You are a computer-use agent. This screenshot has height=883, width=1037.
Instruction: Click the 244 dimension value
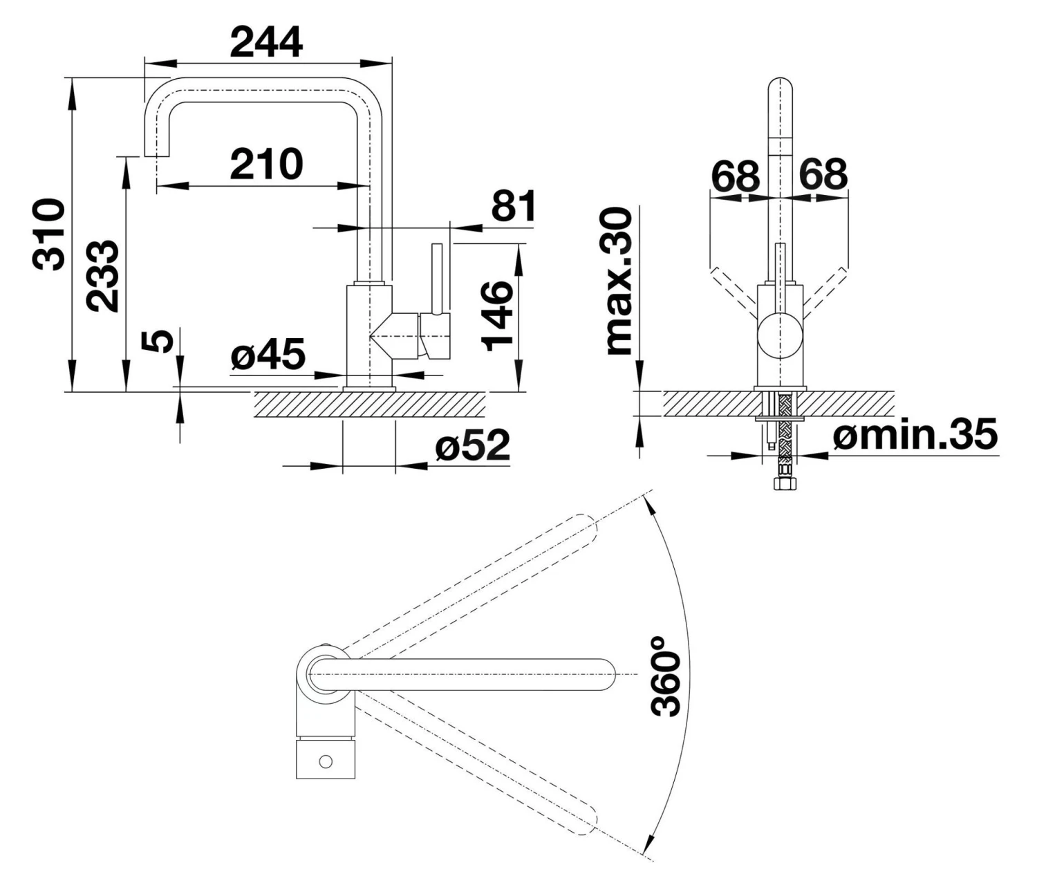click(x=266, y=43)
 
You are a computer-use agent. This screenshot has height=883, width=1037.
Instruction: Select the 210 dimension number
click(x=266, y=165)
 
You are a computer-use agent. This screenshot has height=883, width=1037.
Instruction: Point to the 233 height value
click(x=102, y=275)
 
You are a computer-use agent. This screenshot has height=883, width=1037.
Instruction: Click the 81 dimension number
click(x=513, y=205)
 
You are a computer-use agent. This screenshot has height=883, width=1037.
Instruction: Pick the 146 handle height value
click(x=498, y=315)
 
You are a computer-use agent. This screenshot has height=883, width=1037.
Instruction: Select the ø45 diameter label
click(x=268, y=355)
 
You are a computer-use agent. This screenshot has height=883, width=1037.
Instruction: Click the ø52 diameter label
click(x=472, y=446)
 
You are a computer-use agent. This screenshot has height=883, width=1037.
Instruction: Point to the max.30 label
click(x=619, y=281)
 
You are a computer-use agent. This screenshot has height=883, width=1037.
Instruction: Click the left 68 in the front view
click(x=736, y=176)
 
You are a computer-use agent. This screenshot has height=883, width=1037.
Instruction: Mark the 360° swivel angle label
click(x=666, y=676)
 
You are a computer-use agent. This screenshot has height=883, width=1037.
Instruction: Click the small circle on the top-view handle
click(x=326, y=762)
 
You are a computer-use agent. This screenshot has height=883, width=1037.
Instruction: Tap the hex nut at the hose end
click(x=784, y=483)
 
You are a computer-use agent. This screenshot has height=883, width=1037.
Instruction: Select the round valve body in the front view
click(x=781, y=335)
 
